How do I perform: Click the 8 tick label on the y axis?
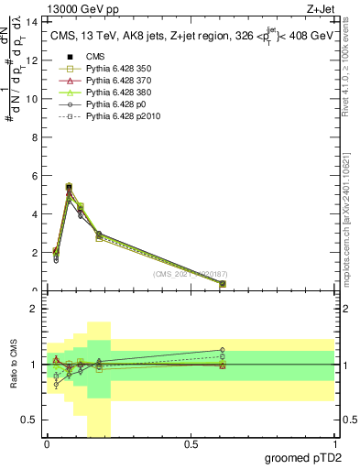coord(35,137)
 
